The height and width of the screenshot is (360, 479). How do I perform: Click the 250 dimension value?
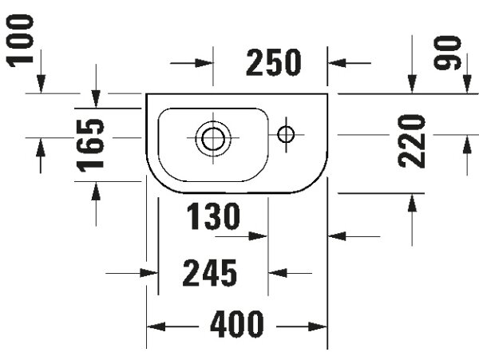pos(273,62)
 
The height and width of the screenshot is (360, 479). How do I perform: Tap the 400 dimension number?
pos(237,323)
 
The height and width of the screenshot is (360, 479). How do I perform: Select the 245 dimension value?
pos(209,273)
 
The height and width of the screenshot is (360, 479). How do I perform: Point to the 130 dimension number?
pos(213,216)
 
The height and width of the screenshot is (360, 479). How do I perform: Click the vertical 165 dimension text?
pos(90,145)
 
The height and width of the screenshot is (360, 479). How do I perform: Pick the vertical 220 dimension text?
pos(411,141)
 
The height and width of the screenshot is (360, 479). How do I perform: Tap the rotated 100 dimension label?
pos(20,40)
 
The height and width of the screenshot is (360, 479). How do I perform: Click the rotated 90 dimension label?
pos(447,53)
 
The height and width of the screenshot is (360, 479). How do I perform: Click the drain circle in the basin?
pos(213,138)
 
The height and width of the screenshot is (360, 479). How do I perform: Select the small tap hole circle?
pos(286,134)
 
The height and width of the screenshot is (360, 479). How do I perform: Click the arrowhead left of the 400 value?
pos(156,326)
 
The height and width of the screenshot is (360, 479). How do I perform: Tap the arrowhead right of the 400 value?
pos(318,326)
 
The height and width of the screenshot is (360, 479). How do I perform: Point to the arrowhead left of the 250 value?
pos(204,63)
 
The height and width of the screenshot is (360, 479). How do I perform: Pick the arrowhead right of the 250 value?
pos(337,63)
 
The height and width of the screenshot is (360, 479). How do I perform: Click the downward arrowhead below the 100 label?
pos(41,84)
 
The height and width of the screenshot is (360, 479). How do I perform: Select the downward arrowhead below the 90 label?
pos(467,84)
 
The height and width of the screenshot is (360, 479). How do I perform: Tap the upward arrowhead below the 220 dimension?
pos(412,203)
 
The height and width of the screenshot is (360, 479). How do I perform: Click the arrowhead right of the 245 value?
pos(278,273)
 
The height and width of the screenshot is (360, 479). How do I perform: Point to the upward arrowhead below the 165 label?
pos(96,191)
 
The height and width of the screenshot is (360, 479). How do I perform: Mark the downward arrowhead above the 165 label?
pos(96,99)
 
